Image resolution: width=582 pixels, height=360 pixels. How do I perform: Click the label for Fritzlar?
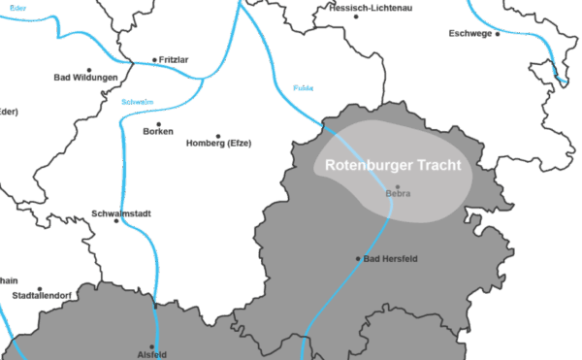pos(174,59)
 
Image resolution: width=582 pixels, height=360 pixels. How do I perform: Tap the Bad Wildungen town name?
pos(86,78)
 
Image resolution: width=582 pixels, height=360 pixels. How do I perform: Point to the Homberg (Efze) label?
pos(218,144)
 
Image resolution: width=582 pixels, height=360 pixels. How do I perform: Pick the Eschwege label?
pos(469,34)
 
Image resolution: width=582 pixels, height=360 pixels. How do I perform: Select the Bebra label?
pos(399,194)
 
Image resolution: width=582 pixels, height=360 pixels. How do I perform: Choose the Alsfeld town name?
pos(152,354)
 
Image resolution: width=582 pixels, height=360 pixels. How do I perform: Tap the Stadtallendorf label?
pos(38,295)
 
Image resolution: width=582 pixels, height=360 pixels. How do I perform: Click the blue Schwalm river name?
pos(137,102)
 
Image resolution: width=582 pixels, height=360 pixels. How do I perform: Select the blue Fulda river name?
pos(303,87)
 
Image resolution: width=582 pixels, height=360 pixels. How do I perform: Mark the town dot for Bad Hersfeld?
pos(359,258)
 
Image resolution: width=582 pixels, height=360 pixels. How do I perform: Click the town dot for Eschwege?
pos(498,34)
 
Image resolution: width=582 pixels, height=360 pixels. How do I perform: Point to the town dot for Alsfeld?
pos(152,345)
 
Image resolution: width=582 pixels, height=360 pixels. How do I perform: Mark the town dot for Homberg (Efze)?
pos(218,136)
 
